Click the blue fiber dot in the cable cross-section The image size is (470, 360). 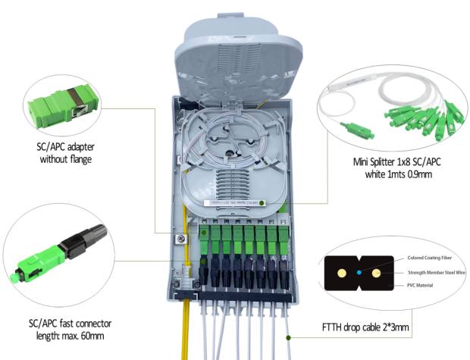[x=359, y=271]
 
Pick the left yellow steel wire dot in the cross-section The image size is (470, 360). [x=341, y=271]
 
